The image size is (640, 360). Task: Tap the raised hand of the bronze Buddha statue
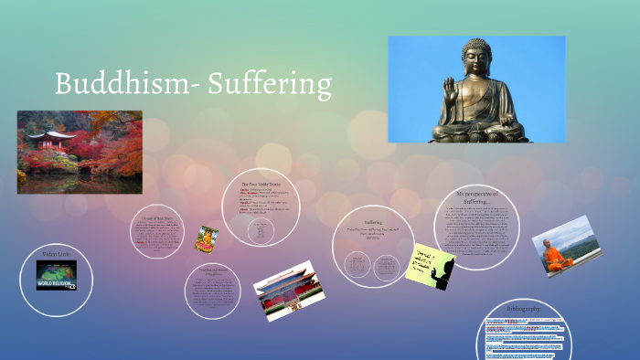click(449, 92)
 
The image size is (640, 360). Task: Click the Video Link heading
click(57, 252)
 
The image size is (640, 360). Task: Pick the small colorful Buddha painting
click(207, 238)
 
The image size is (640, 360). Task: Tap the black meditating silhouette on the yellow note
click(443, 270)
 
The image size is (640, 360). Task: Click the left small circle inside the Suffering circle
click(357, 264)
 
